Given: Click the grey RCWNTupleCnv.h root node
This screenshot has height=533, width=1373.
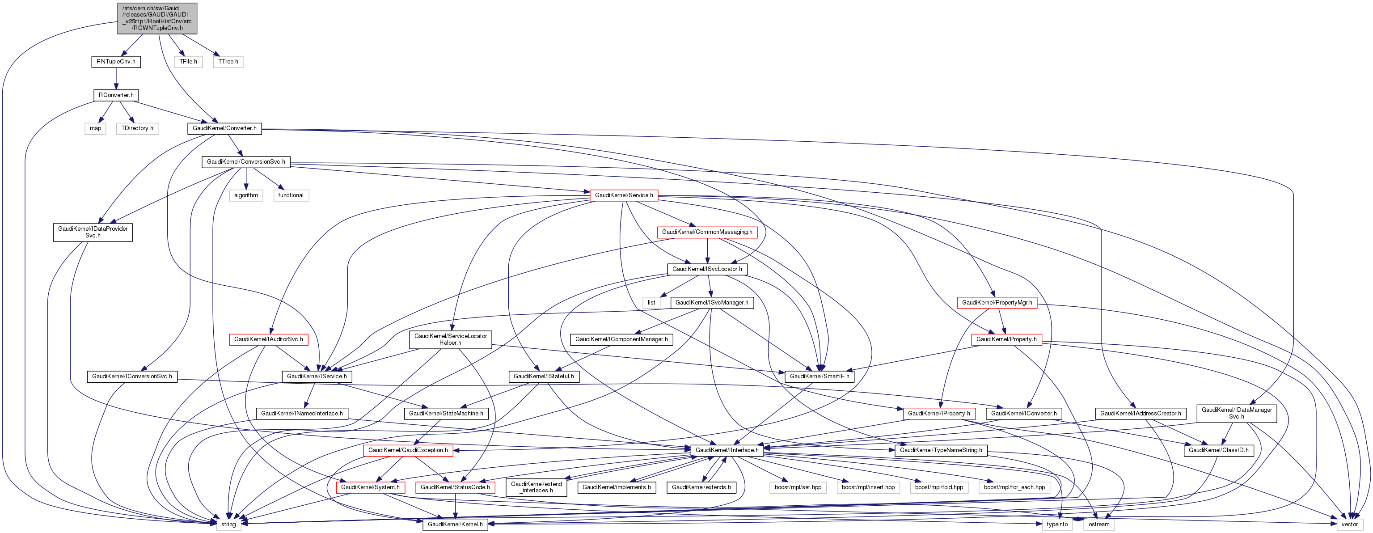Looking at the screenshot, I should (x=157, y=18).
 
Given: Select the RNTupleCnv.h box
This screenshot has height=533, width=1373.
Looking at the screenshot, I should (x=116, y=62).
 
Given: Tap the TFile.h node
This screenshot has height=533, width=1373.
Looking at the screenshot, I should (x=188, y=62).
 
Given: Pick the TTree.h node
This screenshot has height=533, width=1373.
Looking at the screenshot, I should (x=228, y=62).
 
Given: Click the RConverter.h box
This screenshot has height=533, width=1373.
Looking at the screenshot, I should (x=116, y=95).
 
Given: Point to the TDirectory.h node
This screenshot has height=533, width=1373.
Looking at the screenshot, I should (x=137, y=128).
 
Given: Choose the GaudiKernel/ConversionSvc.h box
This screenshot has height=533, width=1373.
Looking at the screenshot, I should (x=246, y=162).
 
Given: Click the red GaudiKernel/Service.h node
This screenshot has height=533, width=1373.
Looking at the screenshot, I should (x=624, y=195).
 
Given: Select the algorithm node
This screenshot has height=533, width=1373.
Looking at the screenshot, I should (x=246, y=195).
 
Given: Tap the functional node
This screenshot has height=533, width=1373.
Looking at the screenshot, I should (x=291, y=195).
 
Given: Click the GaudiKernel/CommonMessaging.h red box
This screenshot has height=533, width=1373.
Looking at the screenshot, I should (x=707, y=233).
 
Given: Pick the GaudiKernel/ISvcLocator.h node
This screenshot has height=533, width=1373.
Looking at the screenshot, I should (x=707, y=269).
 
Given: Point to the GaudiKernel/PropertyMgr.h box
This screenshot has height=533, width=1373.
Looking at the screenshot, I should (x=997, y=303).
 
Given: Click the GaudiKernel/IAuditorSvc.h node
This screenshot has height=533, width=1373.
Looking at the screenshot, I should (x=268, y=339).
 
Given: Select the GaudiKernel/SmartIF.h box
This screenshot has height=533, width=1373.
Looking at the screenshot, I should (x=819, y=377).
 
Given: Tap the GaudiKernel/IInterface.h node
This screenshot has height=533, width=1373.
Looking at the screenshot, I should (x=727, y=450).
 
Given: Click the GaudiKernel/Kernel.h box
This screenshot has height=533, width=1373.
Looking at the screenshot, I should (x=455, y=525).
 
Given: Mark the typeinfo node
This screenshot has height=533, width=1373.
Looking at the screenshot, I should (x=1057, y=525).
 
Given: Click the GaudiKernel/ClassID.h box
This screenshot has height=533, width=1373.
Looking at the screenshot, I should (x=1218, y=450).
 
